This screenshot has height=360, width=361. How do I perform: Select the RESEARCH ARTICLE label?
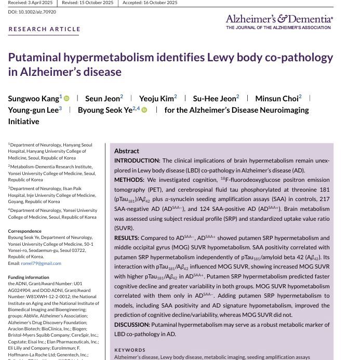(44, 29)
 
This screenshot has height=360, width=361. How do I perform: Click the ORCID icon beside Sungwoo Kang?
(66, 98)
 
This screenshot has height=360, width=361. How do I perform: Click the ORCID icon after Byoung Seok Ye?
(144, 110)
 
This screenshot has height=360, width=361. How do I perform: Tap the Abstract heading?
(127, 151)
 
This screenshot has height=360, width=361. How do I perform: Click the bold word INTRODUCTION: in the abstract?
(137, 161)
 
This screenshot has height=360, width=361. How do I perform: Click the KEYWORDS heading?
(130, 350)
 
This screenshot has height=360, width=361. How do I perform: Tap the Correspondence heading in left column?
(25, 231)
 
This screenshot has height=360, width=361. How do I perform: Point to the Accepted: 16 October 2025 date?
(150, 3)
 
